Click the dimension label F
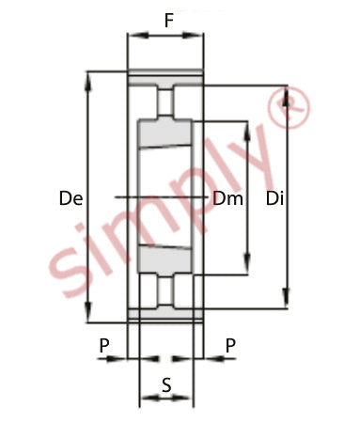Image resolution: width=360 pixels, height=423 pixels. (x=168, y=21)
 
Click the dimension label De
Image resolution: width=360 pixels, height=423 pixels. (x=71, y=198)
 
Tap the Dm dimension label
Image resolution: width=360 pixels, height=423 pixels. (x=227, y=198)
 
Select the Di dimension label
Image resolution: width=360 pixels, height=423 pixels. (x=274, y=198)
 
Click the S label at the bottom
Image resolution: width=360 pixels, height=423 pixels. (x=166, y=384)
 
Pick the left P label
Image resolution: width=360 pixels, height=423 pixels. (x=104, y=346)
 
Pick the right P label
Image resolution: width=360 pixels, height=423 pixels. (x=230, y=346)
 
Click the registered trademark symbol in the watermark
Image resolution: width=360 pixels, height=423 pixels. (x=290, y=107)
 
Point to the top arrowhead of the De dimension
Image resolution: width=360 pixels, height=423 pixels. (x=89, y=82)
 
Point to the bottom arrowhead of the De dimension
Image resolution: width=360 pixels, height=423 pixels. (x=89, y=312)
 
